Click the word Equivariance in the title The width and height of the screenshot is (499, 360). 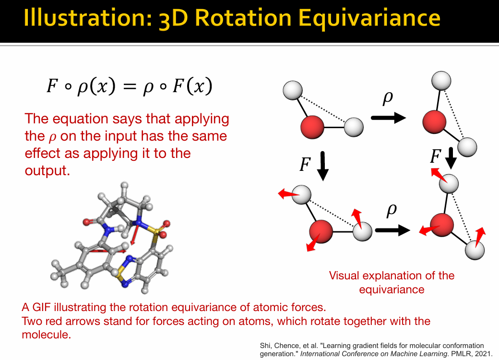(x=369, y=18)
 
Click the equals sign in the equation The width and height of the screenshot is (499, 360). (x=129, y=86)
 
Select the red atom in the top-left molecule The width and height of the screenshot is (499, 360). (x=312, y=127)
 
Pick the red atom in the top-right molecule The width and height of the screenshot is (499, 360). (x=434, y=122)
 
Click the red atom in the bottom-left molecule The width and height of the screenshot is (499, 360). (x=321, y=231)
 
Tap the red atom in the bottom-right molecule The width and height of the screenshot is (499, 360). (x=442, y=225)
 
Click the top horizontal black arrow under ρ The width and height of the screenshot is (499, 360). (x=389, y=118)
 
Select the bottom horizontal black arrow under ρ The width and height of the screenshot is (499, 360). (x=392, y=230)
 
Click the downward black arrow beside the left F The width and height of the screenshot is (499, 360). (x=323, y=166)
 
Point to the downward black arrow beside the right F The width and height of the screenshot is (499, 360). (x=451, y=158)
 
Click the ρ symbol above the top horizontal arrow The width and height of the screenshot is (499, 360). (x=388, y=98)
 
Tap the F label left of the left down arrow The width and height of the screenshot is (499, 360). (x=305, y=164)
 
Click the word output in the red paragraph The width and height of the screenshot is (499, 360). (x=47, y=170)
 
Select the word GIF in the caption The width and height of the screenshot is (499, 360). (x=42, y=307)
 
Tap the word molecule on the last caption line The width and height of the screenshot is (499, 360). (x=46, y=335)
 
